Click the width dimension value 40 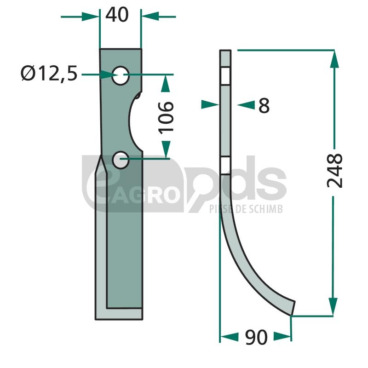(117, 15)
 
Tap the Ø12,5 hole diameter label (49, 74)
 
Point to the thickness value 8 (264, 105)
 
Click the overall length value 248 (335, 171)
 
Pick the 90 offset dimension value (256, 337)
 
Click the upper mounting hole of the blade (121, 75)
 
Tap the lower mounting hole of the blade (121, 160)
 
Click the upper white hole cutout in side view (225, 76)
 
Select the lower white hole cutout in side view (225, 165)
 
